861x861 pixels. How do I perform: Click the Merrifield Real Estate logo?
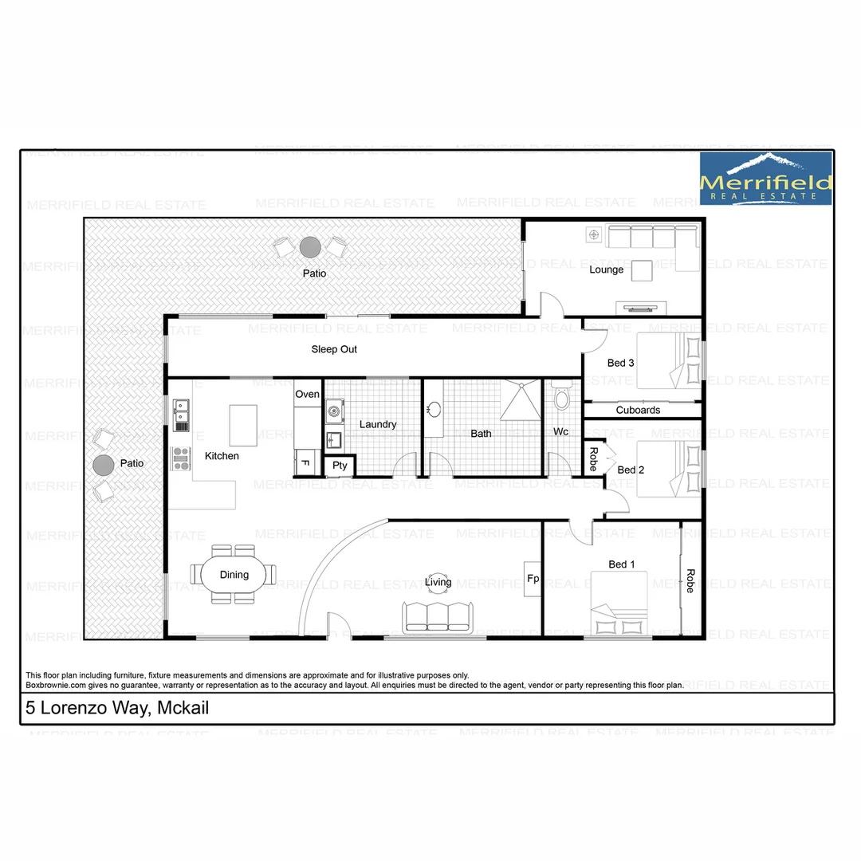pyautogui.click(x=765, y=179)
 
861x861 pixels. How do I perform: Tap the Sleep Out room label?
pyautogui.click(x=334, y=349)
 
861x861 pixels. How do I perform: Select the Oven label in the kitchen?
pyautogui.click(x=307, y=394)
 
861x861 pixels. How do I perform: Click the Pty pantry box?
pyautogui.click(x=340, y=466)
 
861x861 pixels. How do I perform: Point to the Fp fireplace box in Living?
pyautogui.click(x=533, y=580)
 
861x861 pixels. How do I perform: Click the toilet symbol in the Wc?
pyautogui.click(x=561, y=397)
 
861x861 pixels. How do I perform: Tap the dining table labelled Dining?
pyautogui.click(x=234, y=575)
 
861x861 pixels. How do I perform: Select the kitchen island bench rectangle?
pyautogui.click(x=243, y=425)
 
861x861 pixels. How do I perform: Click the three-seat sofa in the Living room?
pyautogui.click(x=438, y=616)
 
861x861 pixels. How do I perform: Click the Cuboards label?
pyautogui.click(x=638, y=410)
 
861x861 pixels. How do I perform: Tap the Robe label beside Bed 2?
pyautogui.click(x=593, y=458)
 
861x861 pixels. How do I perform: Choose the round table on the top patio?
pyautogui.click(x=309, y=247)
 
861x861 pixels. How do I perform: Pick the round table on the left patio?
pyautogui.click(x=103, y=464)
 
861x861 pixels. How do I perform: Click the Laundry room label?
pyautogui.click(x=377, y=424)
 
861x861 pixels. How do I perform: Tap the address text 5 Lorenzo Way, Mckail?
pyautogui.click(x=117, y=707)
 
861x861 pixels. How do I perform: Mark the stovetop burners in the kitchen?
pyautogui.click(x=181, y=458)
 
